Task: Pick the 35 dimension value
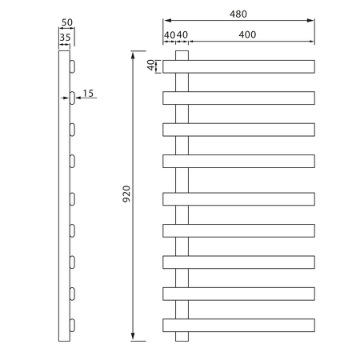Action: (64, 36)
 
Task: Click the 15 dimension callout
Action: (88, 94)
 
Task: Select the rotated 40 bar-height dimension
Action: (150, 66)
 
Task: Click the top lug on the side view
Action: (73, 65)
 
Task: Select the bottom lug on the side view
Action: (73, 325)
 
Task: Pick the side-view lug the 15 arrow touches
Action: (73, 97)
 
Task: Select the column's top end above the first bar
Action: (182, 55)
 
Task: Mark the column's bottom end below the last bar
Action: (182, 337)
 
